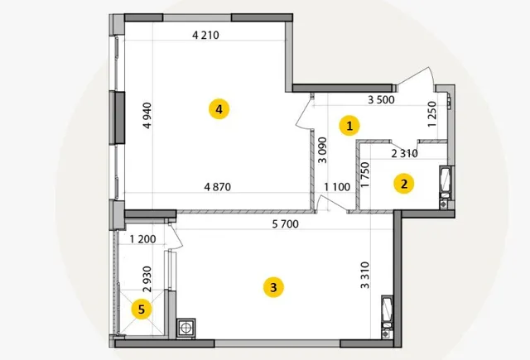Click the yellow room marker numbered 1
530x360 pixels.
tap(349, 126)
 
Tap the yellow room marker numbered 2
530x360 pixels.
tap(404, 184)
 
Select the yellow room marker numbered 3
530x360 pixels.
tap(273, 287)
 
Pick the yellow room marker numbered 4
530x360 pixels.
tap(219, 109)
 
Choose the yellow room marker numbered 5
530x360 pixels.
tap(142, 309)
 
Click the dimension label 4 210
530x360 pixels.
tap(205, 35)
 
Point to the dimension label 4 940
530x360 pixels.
tap(147, 116)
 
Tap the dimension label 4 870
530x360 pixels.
tap(217, 187)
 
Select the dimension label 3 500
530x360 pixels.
tap(381, 99)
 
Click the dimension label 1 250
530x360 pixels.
tap(432, 114)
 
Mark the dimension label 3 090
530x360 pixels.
tap(323, 150)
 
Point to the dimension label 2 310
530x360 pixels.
tap(405, 154)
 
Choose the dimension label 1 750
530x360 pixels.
tap(365, 175)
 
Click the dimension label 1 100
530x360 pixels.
tap(337, 187)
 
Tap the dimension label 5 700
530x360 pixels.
tap(286, 224)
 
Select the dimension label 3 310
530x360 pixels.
tap(365, 276)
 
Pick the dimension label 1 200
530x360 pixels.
tap(142, 239)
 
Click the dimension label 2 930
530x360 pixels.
tap(147, 279)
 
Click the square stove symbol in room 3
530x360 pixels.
tap(185, 328)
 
